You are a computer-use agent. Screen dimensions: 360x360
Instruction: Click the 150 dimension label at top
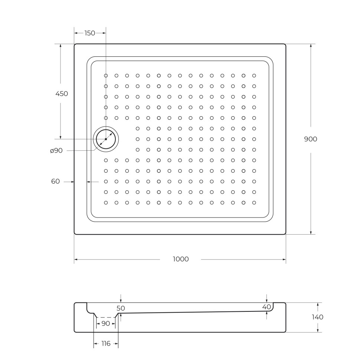(x=90, y=33)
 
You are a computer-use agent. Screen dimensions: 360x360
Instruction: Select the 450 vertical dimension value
(x=62, y=94)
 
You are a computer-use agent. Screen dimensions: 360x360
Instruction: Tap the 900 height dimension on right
(x=311, y=139)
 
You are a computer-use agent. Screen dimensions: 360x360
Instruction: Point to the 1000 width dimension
(x=181, y=259)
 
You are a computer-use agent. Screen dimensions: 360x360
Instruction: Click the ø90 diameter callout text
(x=56, y=151)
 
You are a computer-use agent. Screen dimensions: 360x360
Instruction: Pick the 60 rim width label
(x=55, y=181)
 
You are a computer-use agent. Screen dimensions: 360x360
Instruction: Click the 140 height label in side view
(x=317, y=317)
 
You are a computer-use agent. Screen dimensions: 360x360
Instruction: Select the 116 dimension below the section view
(x=106, y=344)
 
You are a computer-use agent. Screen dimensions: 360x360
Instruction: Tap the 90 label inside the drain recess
(x=106, y=324)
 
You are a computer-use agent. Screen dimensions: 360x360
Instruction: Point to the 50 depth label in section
(x=121, y=308)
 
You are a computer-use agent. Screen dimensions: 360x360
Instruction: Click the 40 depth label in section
(x=266, y=307)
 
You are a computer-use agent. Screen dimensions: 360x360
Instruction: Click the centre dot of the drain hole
(x=106, y=139)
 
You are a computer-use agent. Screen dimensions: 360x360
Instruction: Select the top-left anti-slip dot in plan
(x=106, y=76)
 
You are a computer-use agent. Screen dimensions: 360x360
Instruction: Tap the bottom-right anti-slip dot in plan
(x=254, y=203)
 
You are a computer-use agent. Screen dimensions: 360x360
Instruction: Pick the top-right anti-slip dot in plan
(x=254, y=76)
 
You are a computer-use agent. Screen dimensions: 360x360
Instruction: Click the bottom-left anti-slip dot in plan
(x=106, y=203)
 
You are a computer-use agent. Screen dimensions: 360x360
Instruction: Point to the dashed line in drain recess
(x=106, y=318)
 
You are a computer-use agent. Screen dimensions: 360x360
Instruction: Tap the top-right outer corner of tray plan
(x=285, y=44)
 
